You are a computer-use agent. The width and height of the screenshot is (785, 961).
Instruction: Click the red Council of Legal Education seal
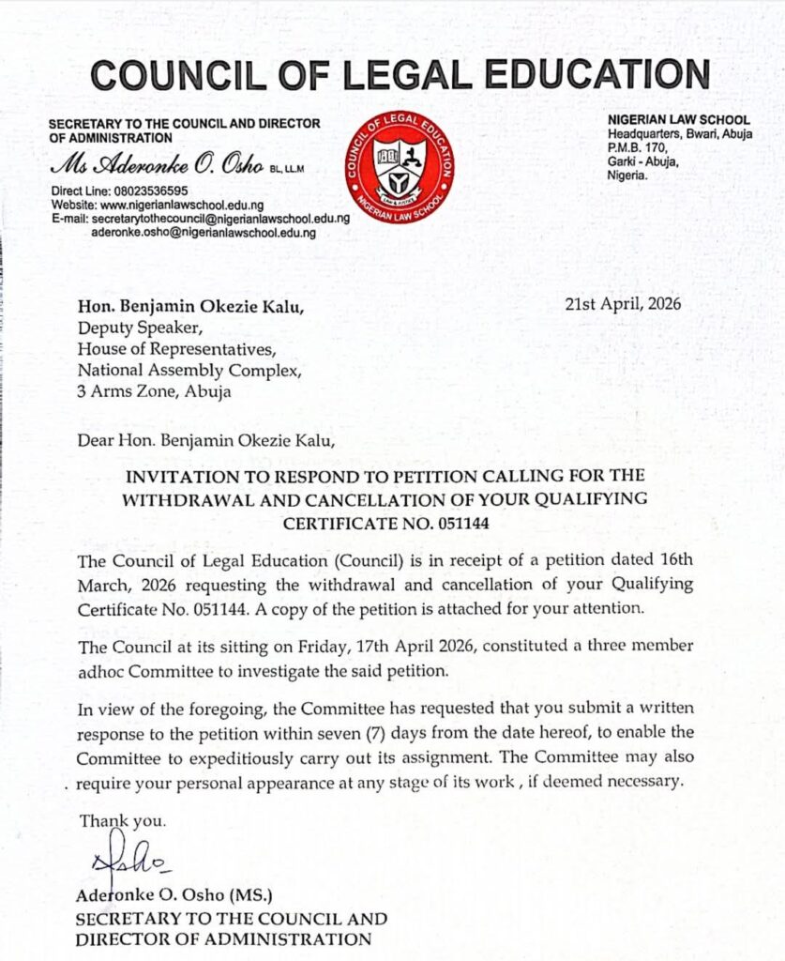pyautogui.click(x=399, y=167)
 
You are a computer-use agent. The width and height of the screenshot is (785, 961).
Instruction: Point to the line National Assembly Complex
pyautogui.click(x=189, y=371)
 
